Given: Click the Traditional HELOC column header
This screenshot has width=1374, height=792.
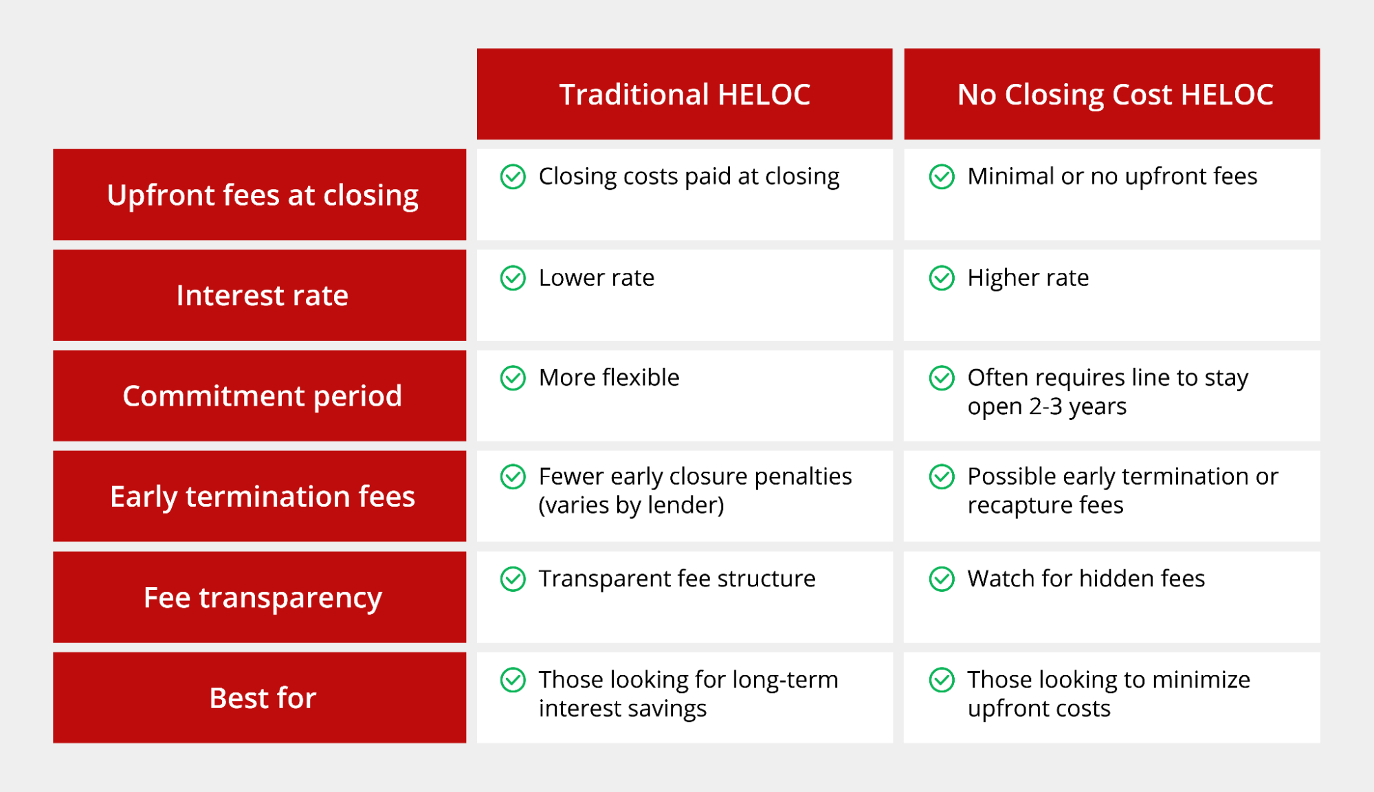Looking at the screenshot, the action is coord(685,94).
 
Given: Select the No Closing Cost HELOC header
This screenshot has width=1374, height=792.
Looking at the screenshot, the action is coord(1112,94).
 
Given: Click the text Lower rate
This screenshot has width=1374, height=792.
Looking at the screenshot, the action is coord(597,278).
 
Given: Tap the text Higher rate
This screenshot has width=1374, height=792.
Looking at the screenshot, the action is coord(1028,278).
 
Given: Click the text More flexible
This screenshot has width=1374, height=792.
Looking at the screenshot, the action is coord(609,377).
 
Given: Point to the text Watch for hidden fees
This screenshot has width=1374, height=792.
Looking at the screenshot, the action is coord(1086,579).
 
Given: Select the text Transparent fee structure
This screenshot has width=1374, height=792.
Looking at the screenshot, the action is coord(677,579).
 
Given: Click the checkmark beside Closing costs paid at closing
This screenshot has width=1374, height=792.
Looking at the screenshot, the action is coord(513,177).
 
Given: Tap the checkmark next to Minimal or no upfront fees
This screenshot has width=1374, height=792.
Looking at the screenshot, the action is coord(942,177).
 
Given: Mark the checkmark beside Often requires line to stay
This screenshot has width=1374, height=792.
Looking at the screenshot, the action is coord(942,377).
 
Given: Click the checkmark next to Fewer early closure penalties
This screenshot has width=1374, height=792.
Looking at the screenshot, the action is coord(513,476).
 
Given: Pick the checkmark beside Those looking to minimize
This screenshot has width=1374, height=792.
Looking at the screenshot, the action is coord(942,680).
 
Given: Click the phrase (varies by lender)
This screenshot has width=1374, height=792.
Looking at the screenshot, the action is coord(632,506).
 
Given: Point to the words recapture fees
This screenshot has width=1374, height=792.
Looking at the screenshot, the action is coord(1045,506).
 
